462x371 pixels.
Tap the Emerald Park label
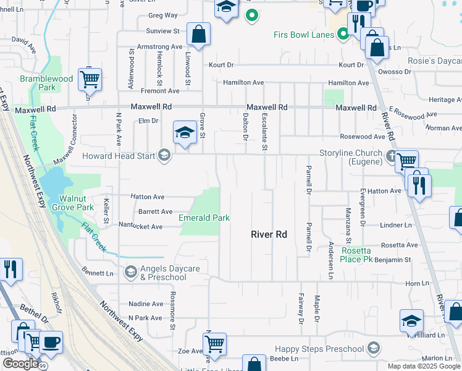[204, 218]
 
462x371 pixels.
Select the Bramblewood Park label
[46, 83]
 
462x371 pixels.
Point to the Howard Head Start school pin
[164, 155]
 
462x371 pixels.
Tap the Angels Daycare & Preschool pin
[130, 271]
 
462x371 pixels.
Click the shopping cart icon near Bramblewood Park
[90, 79]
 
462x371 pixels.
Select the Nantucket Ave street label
[140, 226]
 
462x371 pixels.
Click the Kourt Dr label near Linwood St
[221, 64]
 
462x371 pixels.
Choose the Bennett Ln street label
[98, 272]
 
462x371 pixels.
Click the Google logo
[21, 364]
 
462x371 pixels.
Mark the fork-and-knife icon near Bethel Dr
[10, 270]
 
